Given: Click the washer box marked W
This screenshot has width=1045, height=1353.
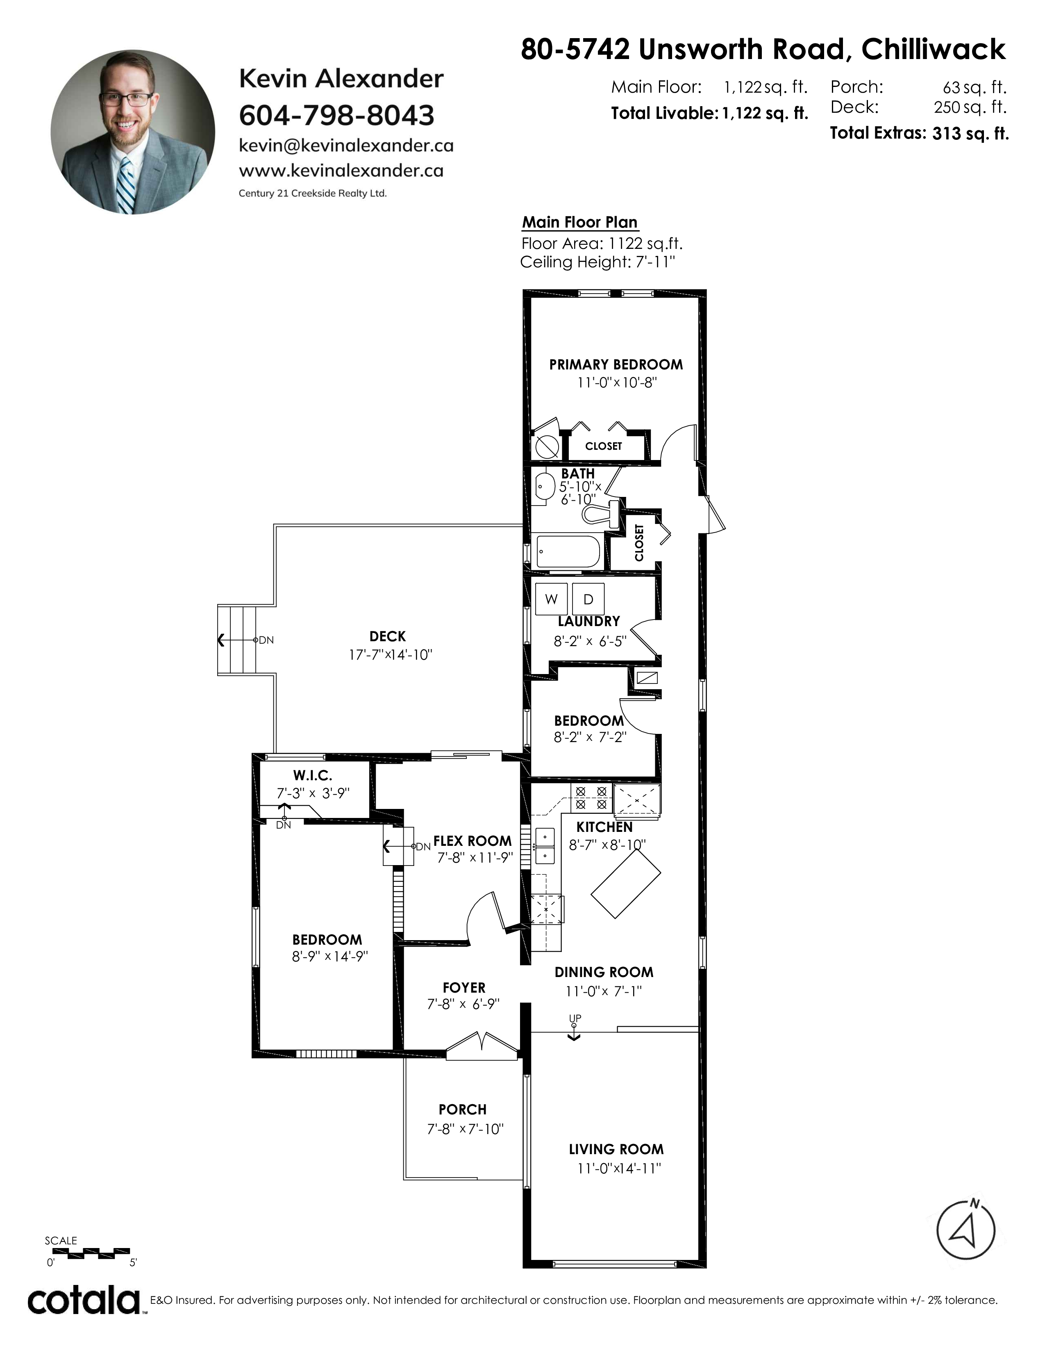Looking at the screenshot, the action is click(x=551, y=599).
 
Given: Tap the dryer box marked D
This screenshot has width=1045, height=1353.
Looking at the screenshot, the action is click(x=588, y=599).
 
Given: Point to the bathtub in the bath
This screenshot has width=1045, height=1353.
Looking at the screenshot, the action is click(x=568, y=551).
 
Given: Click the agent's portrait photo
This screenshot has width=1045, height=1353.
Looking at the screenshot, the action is click(x=133, y=132).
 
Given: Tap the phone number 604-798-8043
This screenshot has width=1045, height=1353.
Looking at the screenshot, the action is click(x=337, y=115).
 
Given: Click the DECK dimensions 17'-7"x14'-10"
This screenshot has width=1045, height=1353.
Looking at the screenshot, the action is click(x=391, y=655).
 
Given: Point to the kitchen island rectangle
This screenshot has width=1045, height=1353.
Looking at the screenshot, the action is click(x=626, y=883).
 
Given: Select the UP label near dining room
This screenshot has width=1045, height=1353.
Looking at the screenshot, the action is click(x=575, y=1018).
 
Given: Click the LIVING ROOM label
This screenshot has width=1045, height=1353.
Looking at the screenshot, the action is click(x=616, y=1149).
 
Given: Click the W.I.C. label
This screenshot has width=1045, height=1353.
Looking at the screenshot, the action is click(x=313, y=775).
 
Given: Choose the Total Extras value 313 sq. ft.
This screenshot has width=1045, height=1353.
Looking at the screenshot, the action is click(x=970, y=133).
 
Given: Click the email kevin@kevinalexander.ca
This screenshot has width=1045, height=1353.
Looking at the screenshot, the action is click(x=346, y=146).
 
